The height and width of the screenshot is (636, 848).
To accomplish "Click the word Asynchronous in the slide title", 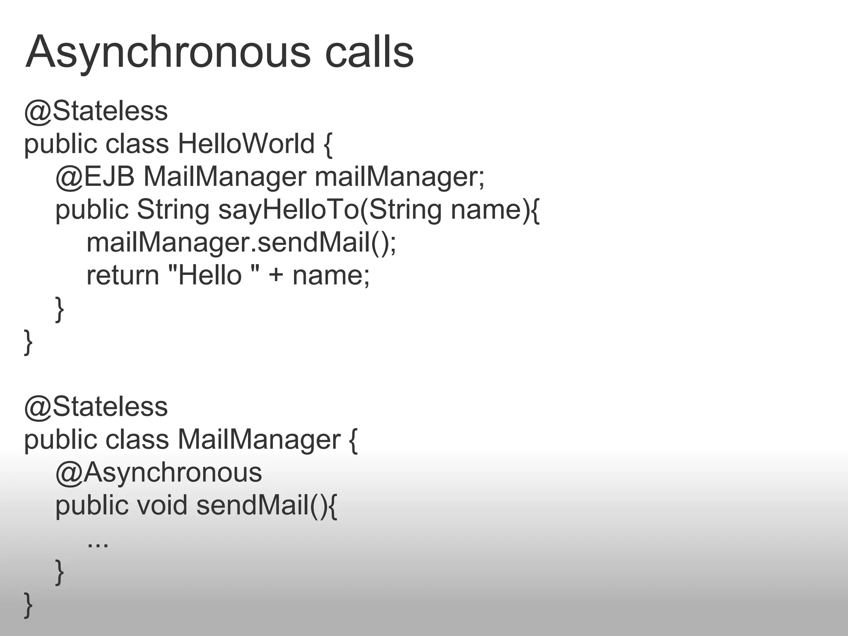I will point(168,53).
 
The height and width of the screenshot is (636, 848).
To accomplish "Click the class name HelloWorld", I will point(246,144).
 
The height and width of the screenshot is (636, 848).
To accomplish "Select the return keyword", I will point(123,275).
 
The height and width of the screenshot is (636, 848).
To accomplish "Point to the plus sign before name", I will point(276,276).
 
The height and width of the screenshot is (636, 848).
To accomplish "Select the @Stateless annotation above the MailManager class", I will point(96,407).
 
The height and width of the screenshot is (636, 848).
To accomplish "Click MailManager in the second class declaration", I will point(259,439).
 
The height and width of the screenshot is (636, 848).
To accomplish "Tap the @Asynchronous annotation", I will point(159,472).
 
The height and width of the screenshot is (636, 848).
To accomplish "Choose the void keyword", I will point(162,505).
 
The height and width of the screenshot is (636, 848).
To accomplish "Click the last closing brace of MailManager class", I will point(28,605).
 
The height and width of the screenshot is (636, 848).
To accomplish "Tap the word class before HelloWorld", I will point(137,144).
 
